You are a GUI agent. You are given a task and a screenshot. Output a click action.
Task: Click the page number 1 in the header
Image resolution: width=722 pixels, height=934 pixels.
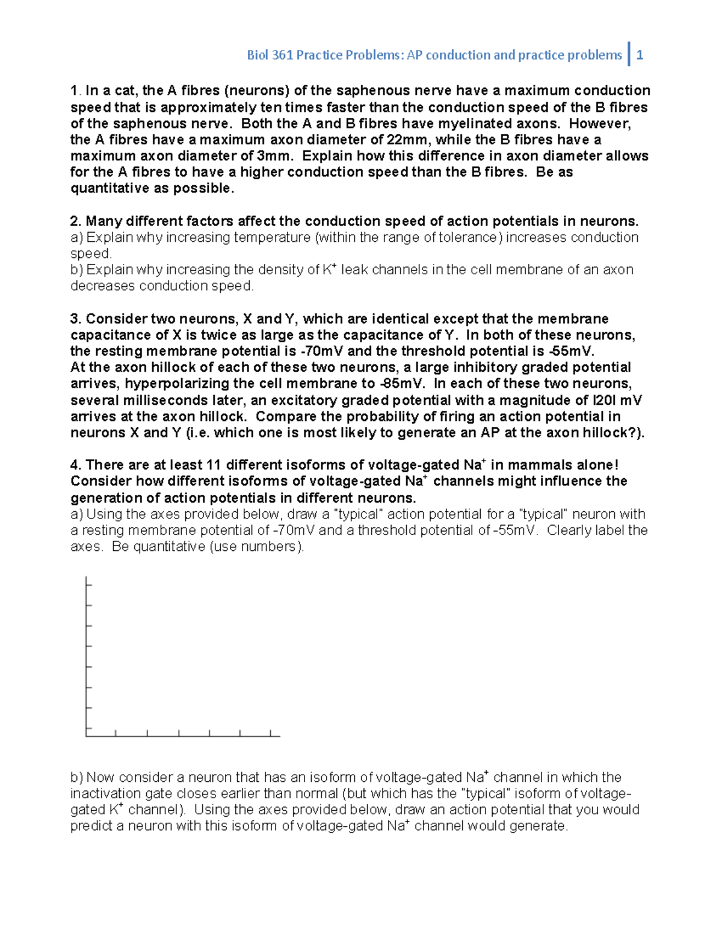pos(640,55)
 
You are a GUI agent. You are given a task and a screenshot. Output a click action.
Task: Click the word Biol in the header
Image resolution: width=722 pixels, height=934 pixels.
pos(258,55)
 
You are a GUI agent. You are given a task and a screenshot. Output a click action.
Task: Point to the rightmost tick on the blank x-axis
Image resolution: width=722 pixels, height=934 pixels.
pos(271,733)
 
